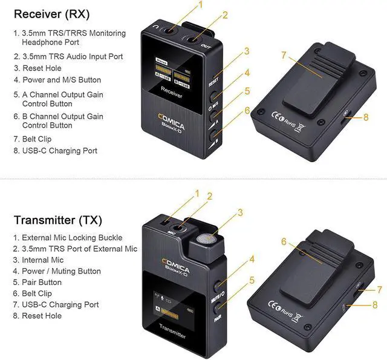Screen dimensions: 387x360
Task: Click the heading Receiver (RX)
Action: coord(51,13)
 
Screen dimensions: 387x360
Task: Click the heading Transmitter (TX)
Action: coord(59,220)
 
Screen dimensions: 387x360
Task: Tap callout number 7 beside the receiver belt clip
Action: coord(282,54)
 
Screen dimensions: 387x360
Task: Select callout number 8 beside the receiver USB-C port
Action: coord(365,117)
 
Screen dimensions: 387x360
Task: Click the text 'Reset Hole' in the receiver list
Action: coord(45,68)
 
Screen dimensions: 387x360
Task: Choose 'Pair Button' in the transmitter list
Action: coord(42,283)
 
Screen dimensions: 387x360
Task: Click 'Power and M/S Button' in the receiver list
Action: coord(62,80)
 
